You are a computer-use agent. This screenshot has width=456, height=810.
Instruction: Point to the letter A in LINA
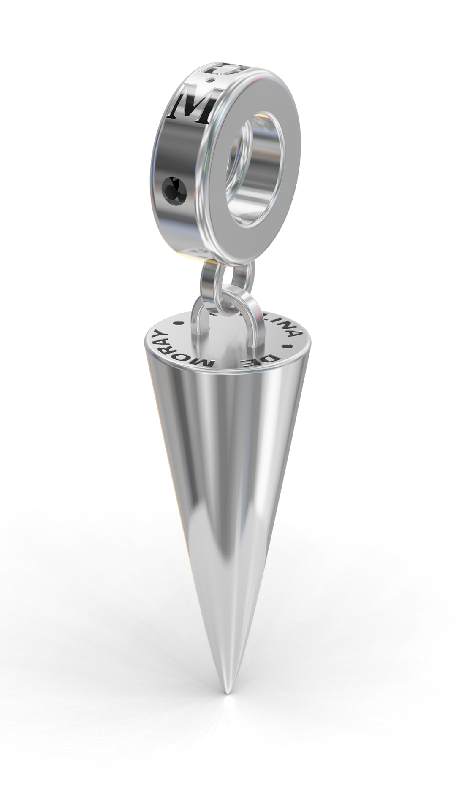coord(294,333)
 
